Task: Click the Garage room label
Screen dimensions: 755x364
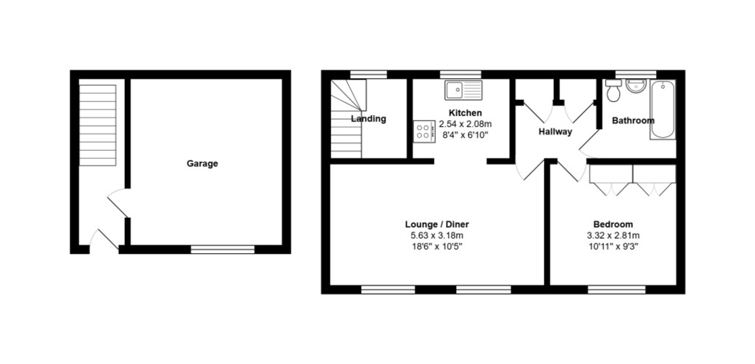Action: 202,164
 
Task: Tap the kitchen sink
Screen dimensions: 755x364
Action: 464,90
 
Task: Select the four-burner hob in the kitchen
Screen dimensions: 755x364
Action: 424,132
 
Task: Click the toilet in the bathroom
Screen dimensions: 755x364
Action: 613,91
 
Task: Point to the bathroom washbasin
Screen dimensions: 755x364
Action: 636,86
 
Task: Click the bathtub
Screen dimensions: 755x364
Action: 663,110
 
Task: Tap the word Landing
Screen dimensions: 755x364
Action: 369,119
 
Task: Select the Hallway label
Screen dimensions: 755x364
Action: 555,132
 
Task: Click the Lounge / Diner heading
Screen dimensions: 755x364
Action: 437,224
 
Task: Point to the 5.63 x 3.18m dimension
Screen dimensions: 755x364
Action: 437,236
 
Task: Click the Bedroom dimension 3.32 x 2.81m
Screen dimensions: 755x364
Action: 613,236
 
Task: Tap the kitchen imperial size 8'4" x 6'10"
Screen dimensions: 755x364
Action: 465,135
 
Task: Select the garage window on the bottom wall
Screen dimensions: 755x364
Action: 223,249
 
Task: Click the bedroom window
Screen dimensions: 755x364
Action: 617,290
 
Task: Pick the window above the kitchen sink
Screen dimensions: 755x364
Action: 461,74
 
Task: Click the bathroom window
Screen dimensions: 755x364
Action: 635,74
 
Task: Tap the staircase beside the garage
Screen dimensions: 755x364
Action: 98,125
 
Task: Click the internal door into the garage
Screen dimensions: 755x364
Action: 119,203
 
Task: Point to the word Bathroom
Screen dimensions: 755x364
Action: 633,120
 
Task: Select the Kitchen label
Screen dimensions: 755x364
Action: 465,113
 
